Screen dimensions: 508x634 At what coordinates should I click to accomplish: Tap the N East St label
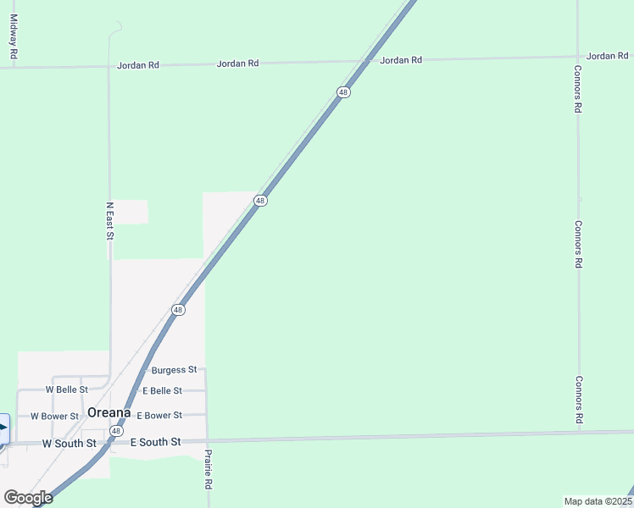point(109,220)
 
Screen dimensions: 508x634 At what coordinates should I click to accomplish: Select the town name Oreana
point(109,412)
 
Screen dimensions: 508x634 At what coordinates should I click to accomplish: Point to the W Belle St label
point(67,389)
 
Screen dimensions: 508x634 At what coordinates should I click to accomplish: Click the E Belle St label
point(162,390)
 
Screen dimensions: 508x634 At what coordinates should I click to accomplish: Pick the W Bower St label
point(55,416)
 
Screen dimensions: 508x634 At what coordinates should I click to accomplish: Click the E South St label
point(156,442)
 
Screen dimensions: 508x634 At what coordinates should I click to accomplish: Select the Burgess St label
point(174,370)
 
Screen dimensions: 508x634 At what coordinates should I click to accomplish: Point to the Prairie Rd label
point(208,470)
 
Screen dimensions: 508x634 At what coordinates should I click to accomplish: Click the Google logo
point(28,498)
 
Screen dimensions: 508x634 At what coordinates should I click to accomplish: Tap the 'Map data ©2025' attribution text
point(598,501)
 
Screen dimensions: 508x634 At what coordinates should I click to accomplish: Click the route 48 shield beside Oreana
point(115,431)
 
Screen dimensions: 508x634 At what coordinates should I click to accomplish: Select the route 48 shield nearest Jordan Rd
point(343,92)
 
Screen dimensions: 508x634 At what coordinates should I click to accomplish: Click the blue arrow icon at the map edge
point(3,428)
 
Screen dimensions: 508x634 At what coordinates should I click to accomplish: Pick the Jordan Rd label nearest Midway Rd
point(138,64)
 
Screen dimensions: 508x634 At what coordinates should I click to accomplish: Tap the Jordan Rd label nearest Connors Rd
point(607,56)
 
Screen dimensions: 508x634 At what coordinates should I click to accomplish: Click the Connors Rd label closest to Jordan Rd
point(577,90)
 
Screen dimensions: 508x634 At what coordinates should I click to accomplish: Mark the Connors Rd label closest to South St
point(579,400)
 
